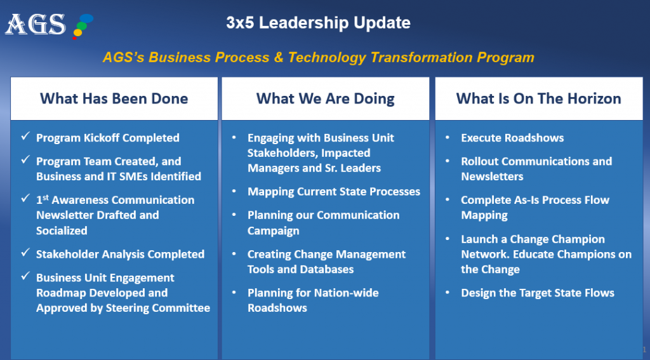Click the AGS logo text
pyautogui.click(x=36, y=24)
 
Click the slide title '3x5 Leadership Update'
pyautogui.click(x=318, y=23)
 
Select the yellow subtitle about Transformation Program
pyautogui.click(x=318, y=58)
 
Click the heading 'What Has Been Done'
pyautogui.click(x=114, y=98)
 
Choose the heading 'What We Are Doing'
pyautogui.click(x=325, y=98)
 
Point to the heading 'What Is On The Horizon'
pyautogui.click(x=538, y=98)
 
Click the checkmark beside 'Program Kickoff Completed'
pyautogui.click(x=25, y=137)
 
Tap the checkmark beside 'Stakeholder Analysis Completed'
pyautogui.click(x=25, y=253)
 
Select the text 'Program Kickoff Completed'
pyautogui.click(x=108, y=138)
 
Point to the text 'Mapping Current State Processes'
pyautogui.click(x=334, y=192)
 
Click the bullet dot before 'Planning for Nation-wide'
pyautogui.click(x=235, y=293)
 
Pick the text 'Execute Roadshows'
pyautogui.click(x=512, y=138)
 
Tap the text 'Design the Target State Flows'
pyautogui.click(x=538, y=293)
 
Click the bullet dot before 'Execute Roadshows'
pyautogui.click(x=448, y=138)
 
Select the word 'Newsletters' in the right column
pyautogui.click(x=492, y=177)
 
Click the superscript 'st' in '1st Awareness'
pyautogui.click(x=46, y=197)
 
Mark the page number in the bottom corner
pyautogui.click(x=644, y=349)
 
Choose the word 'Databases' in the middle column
pyautogui.click(x=328, y=269)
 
